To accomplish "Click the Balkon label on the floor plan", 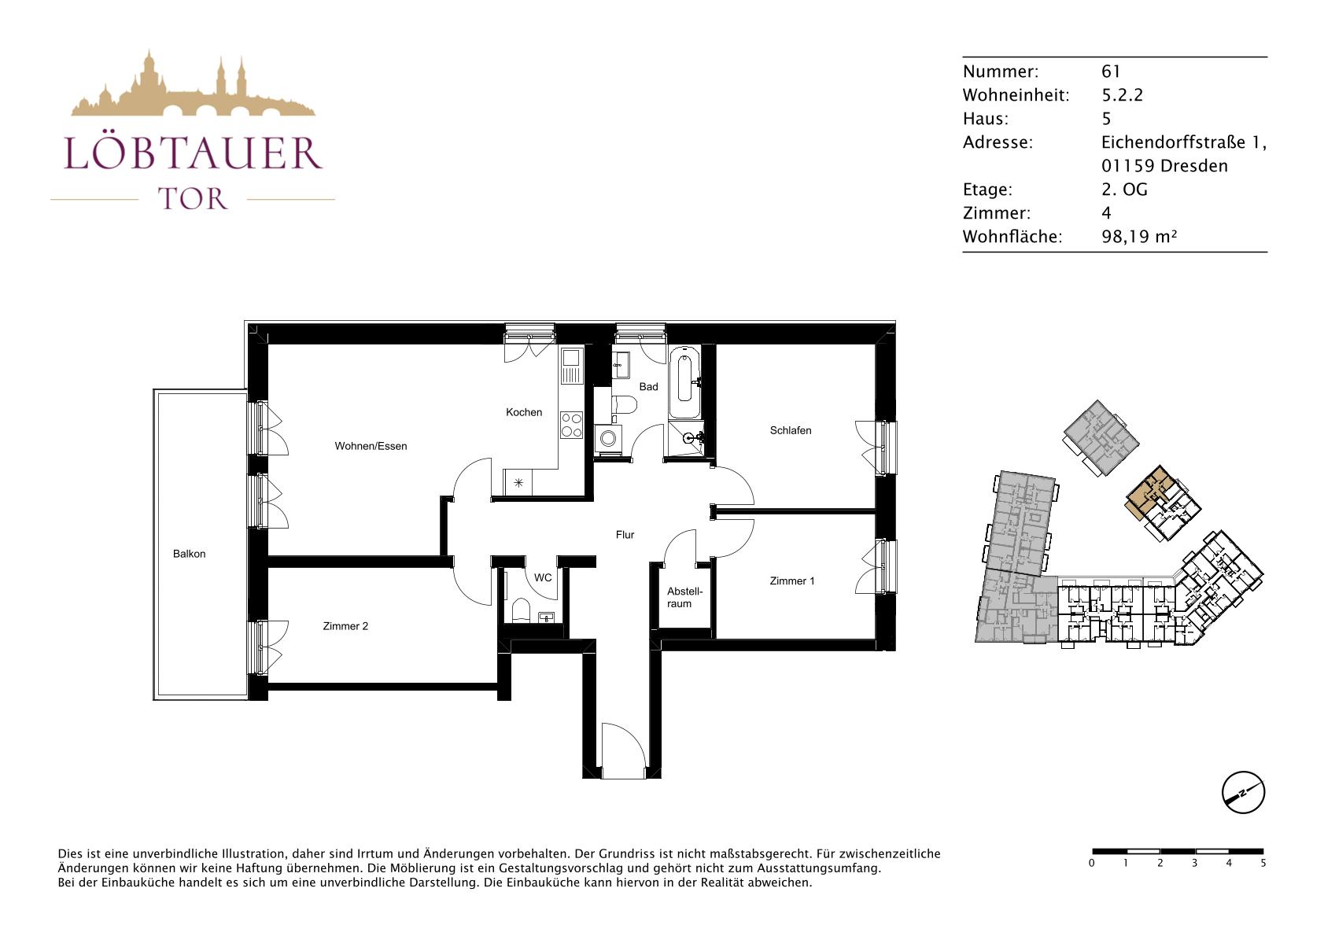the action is (189, 554).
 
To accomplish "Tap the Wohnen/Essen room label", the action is (371, 446).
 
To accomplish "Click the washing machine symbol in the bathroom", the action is (607, 438).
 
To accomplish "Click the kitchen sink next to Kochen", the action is (572, 367).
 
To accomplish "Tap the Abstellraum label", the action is (684, 598).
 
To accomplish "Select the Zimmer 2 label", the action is (345, 626).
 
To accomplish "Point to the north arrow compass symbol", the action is (1243, 792).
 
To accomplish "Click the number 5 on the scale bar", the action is (1263, 864).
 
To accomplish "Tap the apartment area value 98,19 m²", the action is (1139, 237).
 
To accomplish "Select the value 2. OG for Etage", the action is (1124, 190).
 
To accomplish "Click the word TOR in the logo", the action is (193, 199).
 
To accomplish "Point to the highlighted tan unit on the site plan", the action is (1148, 492).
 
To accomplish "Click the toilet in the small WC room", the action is (522, 610).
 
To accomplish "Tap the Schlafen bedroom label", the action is (791, 431).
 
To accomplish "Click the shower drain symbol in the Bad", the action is (688, 438).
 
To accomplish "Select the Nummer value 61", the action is (1111, 72).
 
